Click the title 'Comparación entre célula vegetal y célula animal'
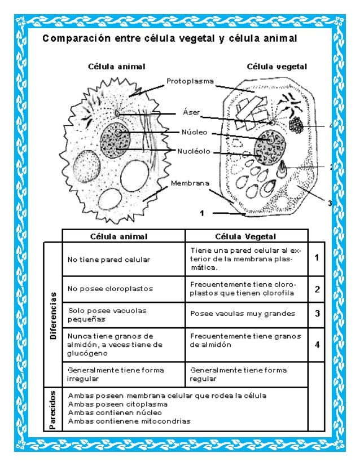pyautogui.click(x=169, y=39)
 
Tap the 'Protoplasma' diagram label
pyautogui.click(x=190, y=82)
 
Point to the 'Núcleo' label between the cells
pyautogui.click(x=194, y=133)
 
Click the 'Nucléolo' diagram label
pyautogui.click(x=194, y=151)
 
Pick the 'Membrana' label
pyautogui.click(x=190, y=183)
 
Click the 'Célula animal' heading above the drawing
pyautogui.click(x=116, y=66)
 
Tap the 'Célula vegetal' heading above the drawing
pyautogui.click(x=276, y=66)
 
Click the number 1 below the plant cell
pyautogui.click(x=201, y=213)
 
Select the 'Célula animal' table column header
pyautogui.click(x=124, y=236)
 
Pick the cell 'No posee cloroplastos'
pyautogui.click(x=102, y=288)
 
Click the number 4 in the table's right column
pyautogui.click(x=317, y=344)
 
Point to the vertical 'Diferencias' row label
pyautogui.click(x=54, y=314)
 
